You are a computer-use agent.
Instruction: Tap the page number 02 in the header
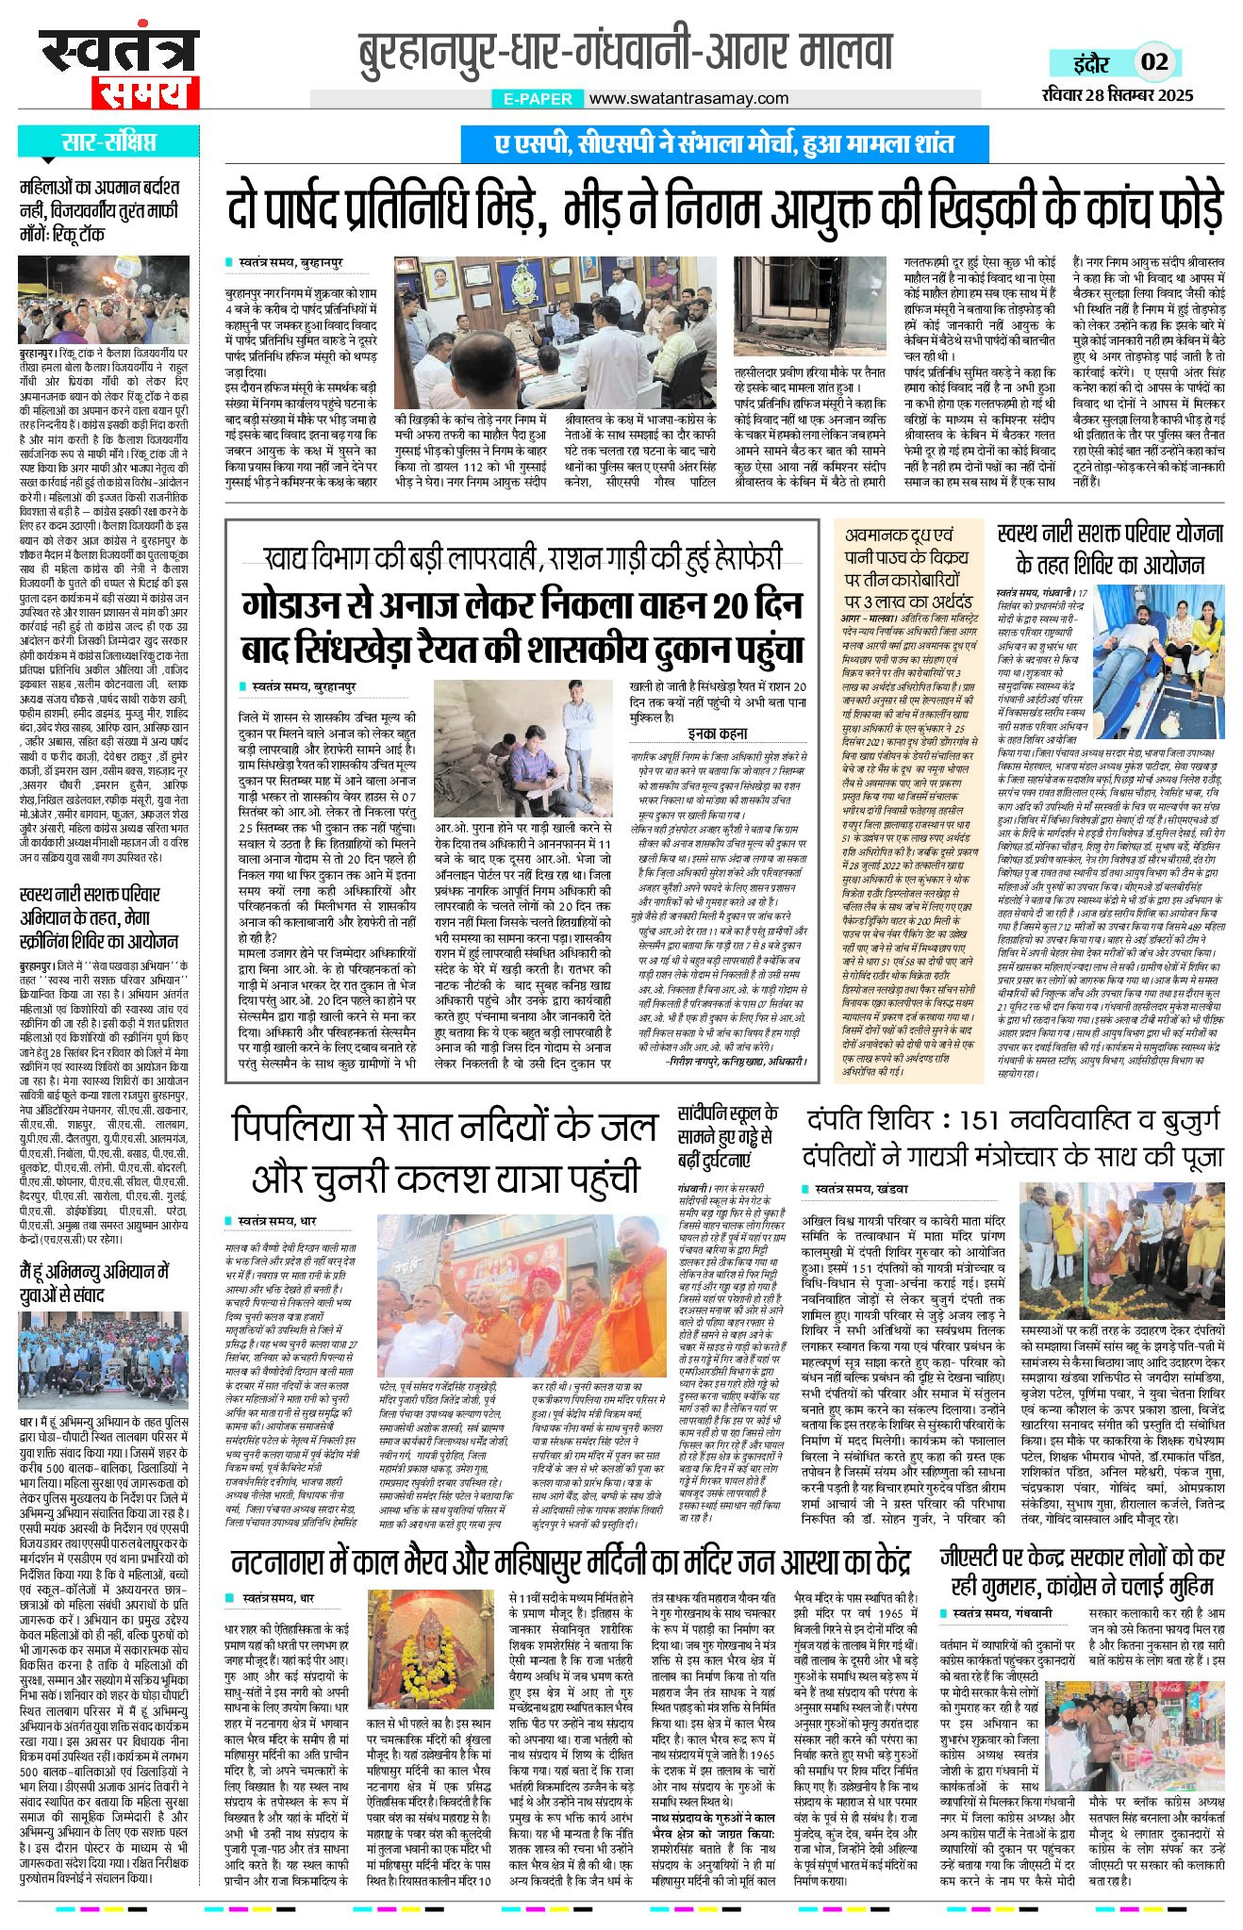[x=1154, y=62]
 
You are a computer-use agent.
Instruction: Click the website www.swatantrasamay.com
[x=689, y=98]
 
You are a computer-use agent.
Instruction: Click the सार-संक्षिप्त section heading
[x=109, y=142]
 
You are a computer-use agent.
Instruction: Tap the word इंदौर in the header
[x=1091, y=63]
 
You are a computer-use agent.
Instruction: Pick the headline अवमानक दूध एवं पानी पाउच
[x=907, y=567]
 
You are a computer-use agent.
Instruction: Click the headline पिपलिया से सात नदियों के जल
[x=444, y=1152]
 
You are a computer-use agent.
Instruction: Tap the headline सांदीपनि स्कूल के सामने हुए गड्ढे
[x=725, y=1137]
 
